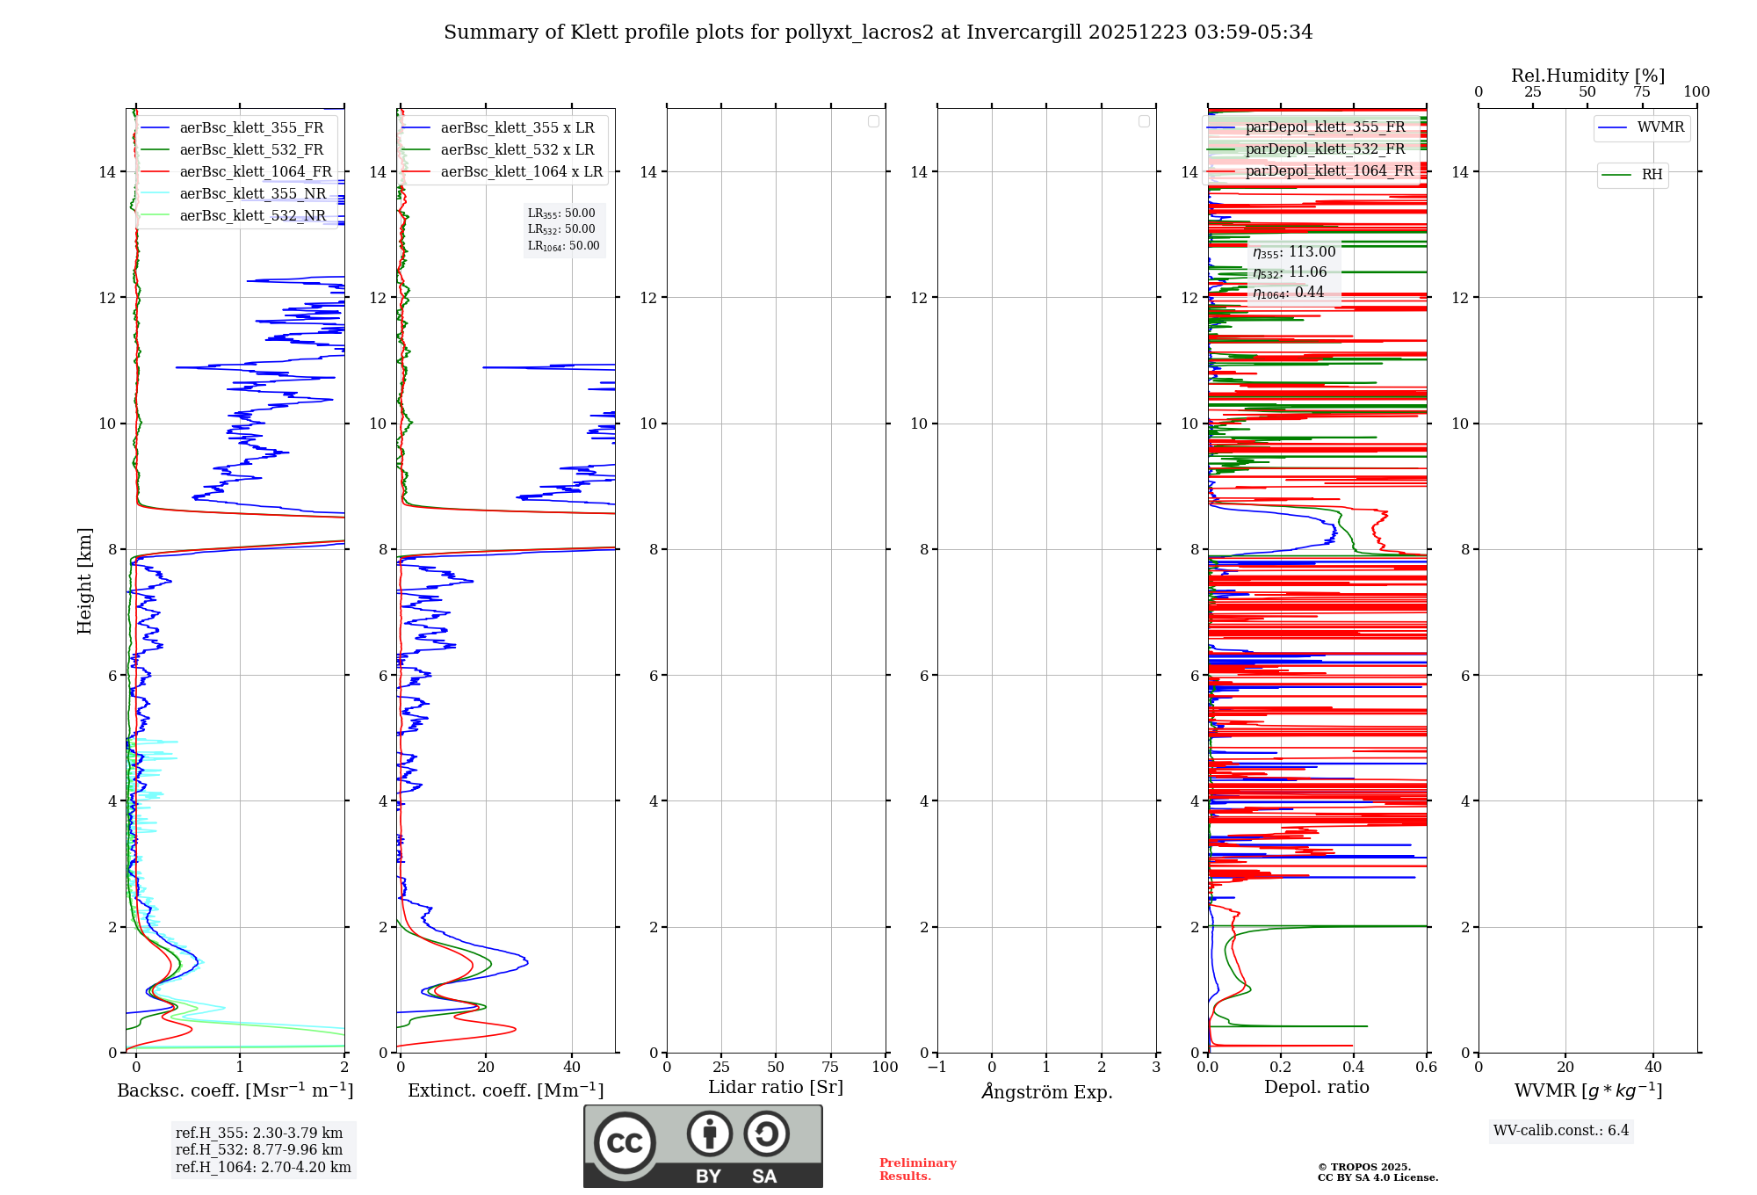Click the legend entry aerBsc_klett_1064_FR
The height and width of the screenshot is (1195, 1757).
[256, 172]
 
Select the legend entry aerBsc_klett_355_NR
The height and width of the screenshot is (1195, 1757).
[252, 194]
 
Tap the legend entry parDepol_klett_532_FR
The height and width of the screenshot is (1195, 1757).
[1325, 149]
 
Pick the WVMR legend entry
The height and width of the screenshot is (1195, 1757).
[1660, 127]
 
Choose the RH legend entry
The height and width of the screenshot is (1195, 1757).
[1652, 175]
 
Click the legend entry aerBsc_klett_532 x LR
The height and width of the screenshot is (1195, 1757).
[517, 150]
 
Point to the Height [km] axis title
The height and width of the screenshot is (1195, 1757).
[84, 581]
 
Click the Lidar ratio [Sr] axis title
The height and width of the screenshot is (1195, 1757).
[776, 1088]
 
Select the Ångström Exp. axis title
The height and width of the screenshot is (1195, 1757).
[1047, 1092]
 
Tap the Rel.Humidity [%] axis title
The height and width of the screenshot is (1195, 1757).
[1587, 76]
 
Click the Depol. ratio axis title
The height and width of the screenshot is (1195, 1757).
[1317, 1088]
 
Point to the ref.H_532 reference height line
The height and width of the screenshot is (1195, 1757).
[259, 1150]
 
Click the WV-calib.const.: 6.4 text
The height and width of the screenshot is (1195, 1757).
[1561, 1131]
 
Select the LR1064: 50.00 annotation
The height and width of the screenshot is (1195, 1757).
[564, 246]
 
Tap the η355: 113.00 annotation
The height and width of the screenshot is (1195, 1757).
[1294, 252]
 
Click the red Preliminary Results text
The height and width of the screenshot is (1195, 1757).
[918, 1170]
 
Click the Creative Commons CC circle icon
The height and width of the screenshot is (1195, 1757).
[625, 1143]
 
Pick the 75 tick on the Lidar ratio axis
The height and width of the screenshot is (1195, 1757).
[830, 1068]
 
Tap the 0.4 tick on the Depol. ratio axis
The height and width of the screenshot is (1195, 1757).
[1354, 1068]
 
